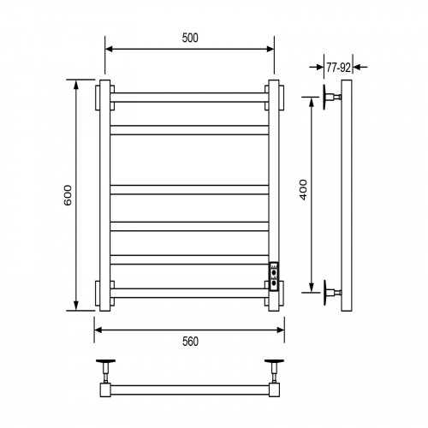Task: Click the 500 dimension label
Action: (x=190, y=38)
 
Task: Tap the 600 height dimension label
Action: (x=68, y=195)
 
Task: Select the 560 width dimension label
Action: (x=190, y=342)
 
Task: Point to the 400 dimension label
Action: (x=303, y=190)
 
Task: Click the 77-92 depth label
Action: (x=338, y=68)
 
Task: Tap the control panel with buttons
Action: (x=274, y=276)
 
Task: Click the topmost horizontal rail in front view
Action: (x=189, y=98)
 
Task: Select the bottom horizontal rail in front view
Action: (x=189, y=294)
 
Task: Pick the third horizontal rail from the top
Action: (x=189, y=190)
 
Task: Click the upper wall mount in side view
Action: (x=331, y=97)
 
